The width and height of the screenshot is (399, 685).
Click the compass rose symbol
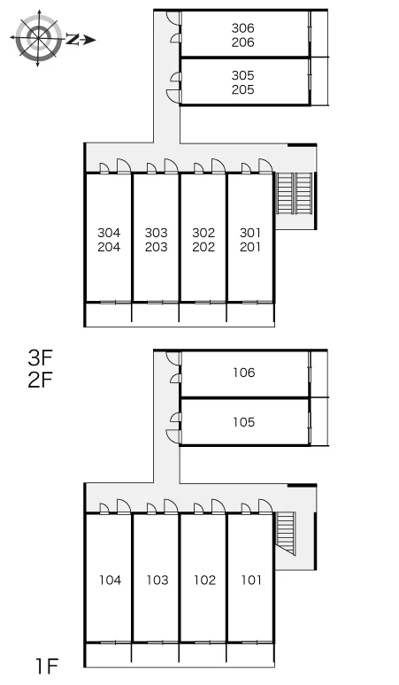37,38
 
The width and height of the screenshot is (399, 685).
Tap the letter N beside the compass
73,40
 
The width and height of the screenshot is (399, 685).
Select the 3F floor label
40,358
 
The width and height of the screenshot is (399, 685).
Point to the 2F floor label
40,380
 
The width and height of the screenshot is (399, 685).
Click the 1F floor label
47,666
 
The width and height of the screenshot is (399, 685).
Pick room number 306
242,28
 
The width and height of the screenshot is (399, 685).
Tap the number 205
242,89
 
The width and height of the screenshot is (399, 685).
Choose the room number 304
109,233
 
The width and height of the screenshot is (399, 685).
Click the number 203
157,247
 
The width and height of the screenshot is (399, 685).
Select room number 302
203,233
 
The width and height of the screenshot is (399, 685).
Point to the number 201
250,247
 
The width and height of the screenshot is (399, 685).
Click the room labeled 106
243,373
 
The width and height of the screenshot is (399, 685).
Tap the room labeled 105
243,422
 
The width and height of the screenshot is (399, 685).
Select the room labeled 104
110,581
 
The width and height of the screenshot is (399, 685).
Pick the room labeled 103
157,581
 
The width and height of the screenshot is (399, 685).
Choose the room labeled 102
204,581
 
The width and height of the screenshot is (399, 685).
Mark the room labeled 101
251,581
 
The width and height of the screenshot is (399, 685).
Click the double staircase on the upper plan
295,194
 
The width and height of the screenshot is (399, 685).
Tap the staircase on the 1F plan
286,534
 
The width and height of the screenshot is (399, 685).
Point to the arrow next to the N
88,40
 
